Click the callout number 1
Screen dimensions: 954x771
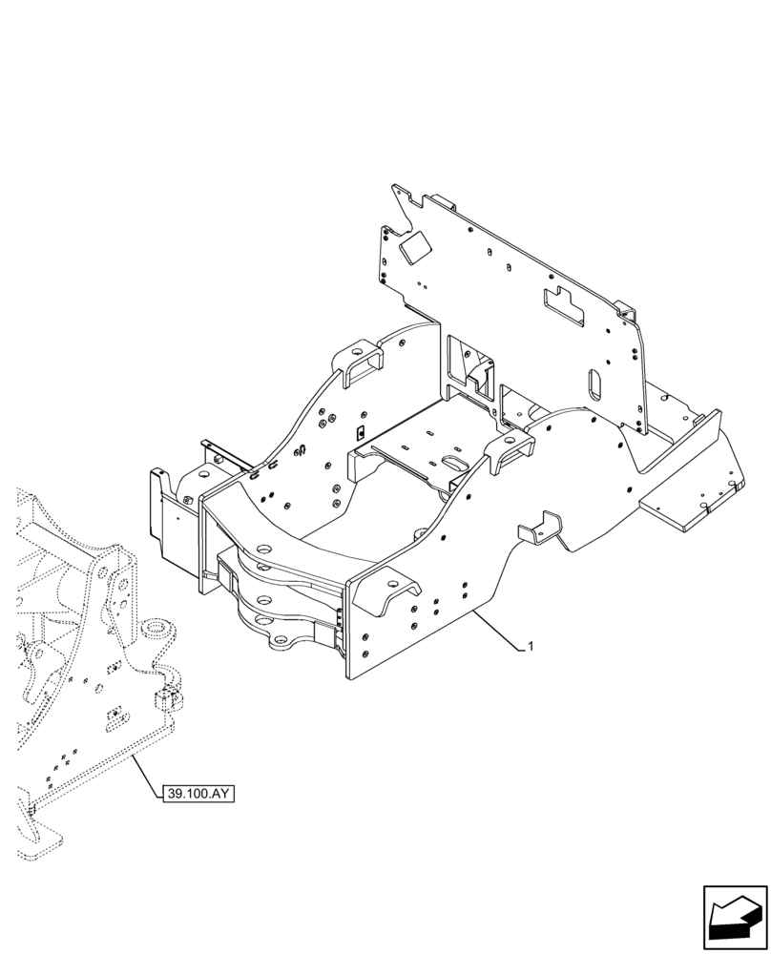531,647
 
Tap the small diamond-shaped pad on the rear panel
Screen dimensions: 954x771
414,250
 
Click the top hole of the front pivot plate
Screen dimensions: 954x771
263,548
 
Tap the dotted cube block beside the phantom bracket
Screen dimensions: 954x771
170,700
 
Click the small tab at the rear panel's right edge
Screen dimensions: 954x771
624,310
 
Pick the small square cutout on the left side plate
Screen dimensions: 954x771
359,434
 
